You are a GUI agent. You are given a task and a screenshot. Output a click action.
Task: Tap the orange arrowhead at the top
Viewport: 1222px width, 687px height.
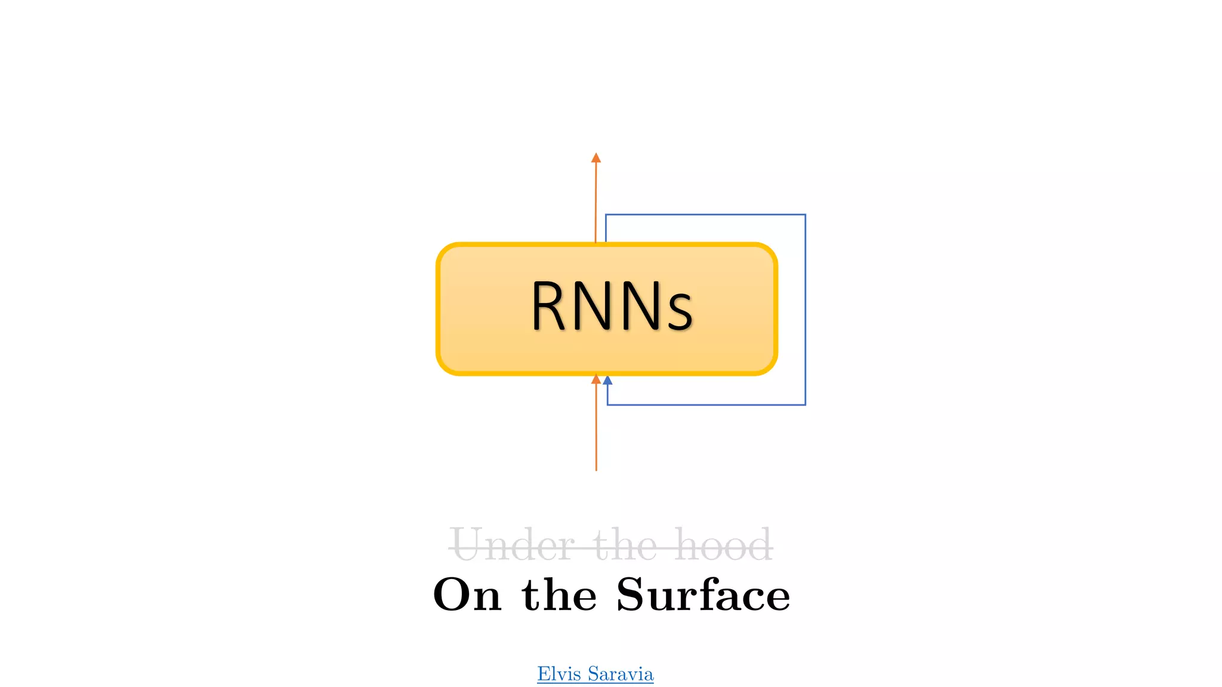[x=595, y=158]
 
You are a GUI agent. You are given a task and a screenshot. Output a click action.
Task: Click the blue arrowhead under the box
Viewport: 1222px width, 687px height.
[x=607, y=380]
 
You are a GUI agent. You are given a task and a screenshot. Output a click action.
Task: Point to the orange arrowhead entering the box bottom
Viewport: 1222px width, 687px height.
[x=595, y=379]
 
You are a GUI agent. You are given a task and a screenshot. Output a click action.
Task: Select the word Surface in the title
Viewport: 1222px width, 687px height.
[x=703, y=595]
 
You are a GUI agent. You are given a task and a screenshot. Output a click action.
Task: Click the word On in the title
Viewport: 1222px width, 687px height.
[x=467, y=595]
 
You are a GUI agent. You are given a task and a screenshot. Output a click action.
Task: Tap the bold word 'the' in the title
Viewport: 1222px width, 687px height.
[x=559, y=595]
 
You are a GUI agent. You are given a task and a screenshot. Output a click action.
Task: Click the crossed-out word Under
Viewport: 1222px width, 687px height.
[x=512, y=544]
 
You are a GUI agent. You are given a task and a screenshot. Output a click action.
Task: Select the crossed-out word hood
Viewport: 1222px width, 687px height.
[x=723, y=544]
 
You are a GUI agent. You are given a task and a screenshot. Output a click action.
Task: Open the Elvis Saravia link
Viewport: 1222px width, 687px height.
[x=595, y=674]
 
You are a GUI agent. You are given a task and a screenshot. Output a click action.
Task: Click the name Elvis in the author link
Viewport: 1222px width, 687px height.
[x=558, y=674]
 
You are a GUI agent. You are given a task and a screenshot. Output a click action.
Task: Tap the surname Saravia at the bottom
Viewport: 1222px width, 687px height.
[x=621, y=674]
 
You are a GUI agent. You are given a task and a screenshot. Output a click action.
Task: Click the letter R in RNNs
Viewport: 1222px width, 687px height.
[x=548, y=305]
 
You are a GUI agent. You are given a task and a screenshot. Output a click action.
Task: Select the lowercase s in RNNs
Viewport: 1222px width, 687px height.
[x=680, y=313]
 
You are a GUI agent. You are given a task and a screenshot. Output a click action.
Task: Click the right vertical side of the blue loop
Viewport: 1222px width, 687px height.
[x=805, y=310]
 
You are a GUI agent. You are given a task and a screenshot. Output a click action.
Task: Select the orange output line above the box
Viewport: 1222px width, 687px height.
[x=595, y=203]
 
